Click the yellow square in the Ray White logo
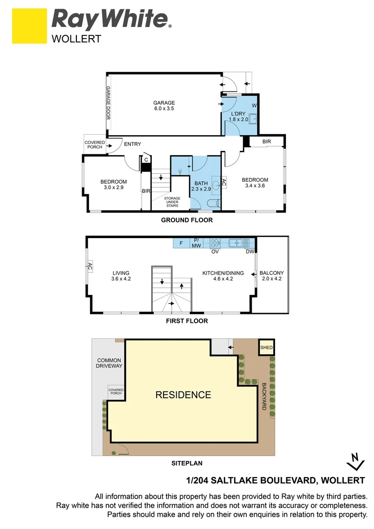(x=29, y=26)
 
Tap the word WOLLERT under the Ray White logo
(x=76, y=39)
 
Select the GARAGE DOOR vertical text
(x=108, y=103)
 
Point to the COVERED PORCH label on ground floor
(x=94, y=144)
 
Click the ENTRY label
(x=133, y=144)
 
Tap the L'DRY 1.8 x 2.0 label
(x=238, y=117)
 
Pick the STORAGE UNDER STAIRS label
(x=172, y=202)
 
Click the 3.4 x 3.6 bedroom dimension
(x=255, y=186)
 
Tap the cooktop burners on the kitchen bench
(x=215, y=243)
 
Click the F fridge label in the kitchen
(x=181, y=243)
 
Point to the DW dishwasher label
(x=250, y=252)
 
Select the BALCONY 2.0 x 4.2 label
(x=272, y=276)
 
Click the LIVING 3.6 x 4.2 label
(x=121, y=276)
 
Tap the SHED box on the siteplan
(x=266, y=347)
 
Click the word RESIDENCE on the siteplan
(x=183, y=395)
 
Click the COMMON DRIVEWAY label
(x=109, y=363)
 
